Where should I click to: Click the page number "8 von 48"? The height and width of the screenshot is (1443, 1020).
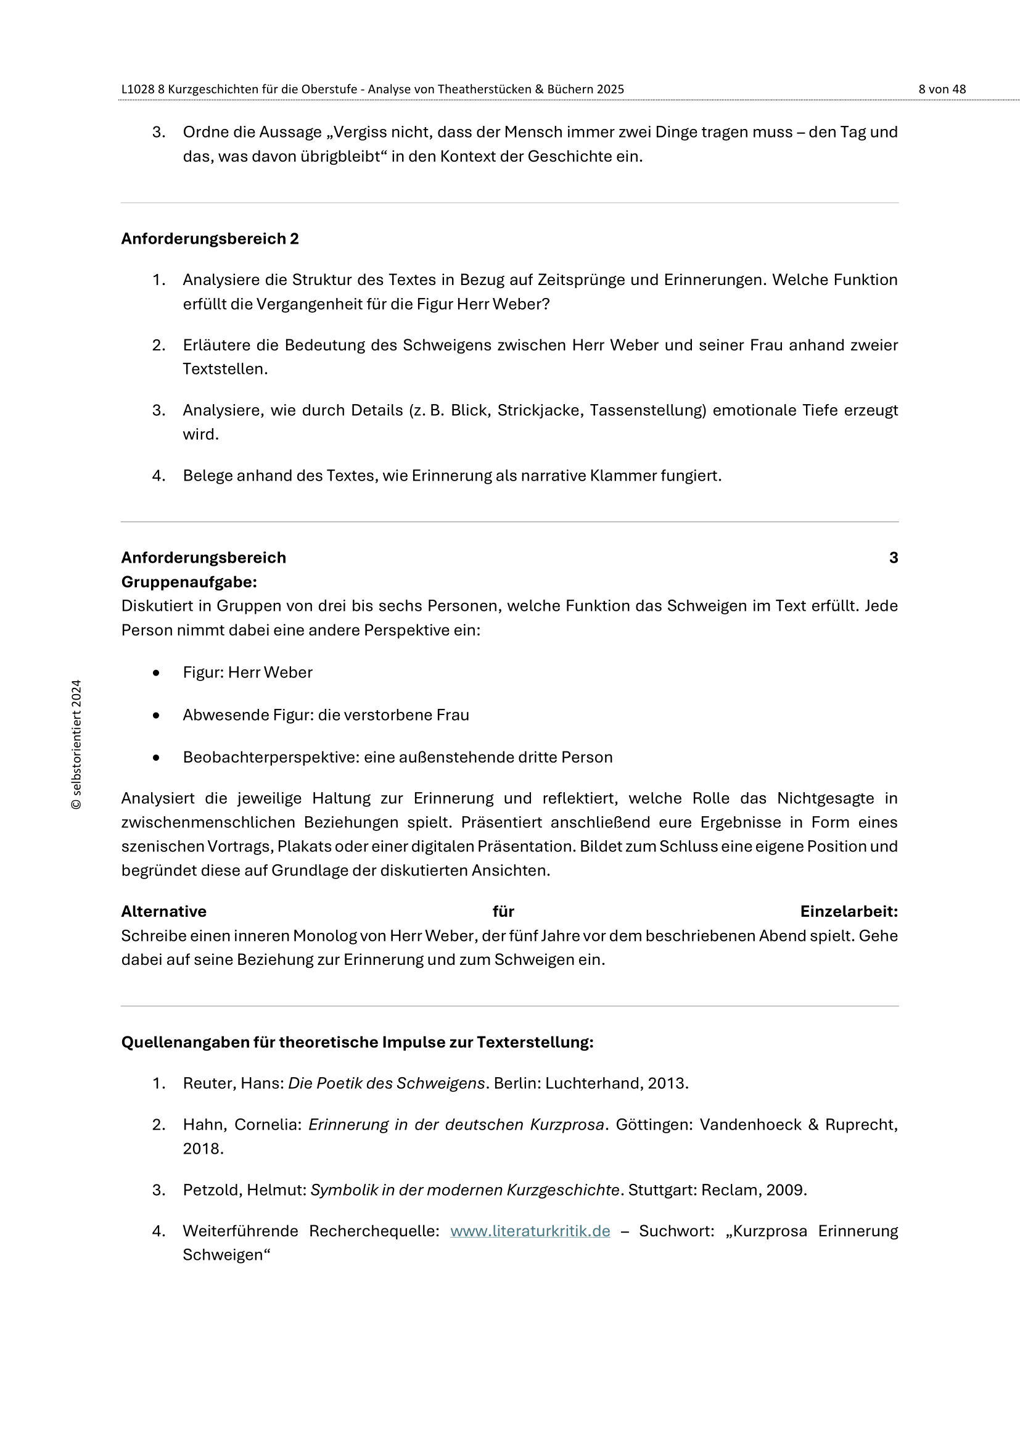942,89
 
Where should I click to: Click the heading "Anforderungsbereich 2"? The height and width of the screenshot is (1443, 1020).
210,239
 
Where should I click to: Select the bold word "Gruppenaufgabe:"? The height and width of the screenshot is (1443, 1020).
189,582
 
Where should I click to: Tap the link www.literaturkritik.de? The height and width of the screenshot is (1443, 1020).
530,1231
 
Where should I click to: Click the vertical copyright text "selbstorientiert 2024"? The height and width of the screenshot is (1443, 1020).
76,744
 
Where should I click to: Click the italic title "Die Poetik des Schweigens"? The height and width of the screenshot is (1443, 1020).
386,1083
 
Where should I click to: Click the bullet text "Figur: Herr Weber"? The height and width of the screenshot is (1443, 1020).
247,672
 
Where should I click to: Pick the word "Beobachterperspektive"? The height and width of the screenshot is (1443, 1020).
271,758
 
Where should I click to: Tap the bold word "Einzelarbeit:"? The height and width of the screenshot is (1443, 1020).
849,911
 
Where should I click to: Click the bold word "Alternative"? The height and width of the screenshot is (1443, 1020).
164,911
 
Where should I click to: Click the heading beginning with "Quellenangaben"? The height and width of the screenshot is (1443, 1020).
356,1042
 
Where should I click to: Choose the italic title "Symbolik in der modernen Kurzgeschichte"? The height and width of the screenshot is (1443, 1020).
466,1189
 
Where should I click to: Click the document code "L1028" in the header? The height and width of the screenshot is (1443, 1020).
138,89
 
